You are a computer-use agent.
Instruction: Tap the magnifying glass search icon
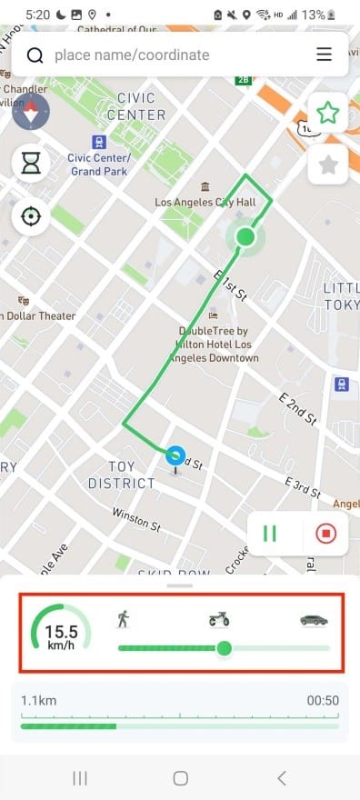coord(35,55)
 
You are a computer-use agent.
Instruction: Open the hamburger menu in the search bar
coord(325,55)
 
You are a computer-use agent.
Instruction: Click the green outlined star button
coord(327,113)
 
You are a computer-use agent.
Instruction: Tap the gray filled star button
coord(327,165)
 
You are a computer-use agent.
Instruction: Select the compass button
coord(32,113)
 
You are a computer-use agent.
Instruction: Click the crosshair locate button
coord(32,216)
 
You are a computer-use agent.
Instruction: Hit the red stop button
coord(325,533)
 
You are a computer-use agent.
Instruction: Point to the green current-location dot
coord(244,237)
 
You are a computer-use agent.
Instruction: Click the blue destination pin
coord(175,455)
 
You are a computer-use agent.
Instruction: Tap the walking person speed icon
coord(124,620)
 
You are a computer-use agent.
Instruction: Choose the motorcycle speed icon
coord(219,620)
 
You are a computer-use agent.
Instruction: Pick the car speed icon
coord(315,620)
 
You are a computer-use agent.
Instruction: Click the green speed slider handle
coord(225,648)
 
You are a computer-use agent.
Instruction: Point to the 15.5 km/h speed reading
coord(61,634)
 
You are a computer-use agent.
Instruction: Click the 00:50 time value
coord(323,700)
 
